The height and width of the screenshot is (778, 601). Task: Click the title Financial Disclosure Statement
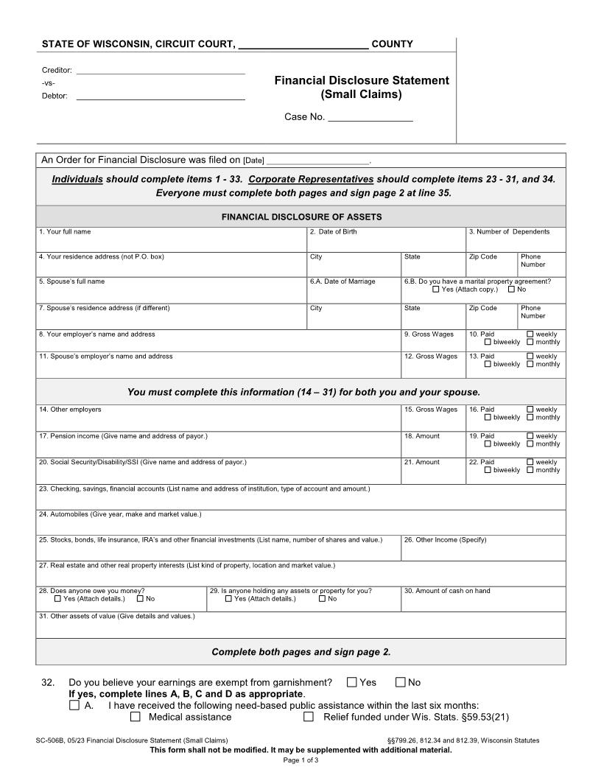coord(362,80)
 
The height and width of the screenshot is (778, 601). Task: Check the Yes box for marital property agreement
coord(436,290)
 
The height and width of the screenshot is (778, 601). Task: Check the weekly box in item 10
coord(530,334)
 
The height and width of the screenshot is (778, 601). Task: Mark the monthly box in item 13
coord(530,365)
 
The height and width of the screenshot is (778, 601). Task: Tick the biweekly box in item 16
coord(488,418)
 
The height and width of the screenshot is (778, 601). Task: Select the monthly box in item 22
coord(530,470)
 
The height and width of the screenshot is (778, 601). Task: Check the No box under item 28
coord(140,599)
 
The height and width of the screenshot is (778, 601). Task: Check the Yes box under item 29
coord(229,599)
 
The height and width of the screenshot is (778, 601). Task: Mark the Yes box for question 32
coord(352,682)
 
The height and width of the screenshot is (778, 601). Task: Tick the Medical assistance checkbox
coord(136,717)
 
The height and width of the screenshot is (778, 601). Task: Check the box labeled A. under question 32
coord(74,705)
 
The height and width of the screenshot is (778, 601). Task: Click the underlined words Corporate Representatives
coord(311,179)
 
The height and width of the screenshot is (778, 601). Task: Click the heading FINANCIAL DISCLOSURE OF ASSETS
coord(301,217)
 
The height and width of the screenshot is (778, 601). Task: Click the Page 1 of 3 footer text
coord(300,760)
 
